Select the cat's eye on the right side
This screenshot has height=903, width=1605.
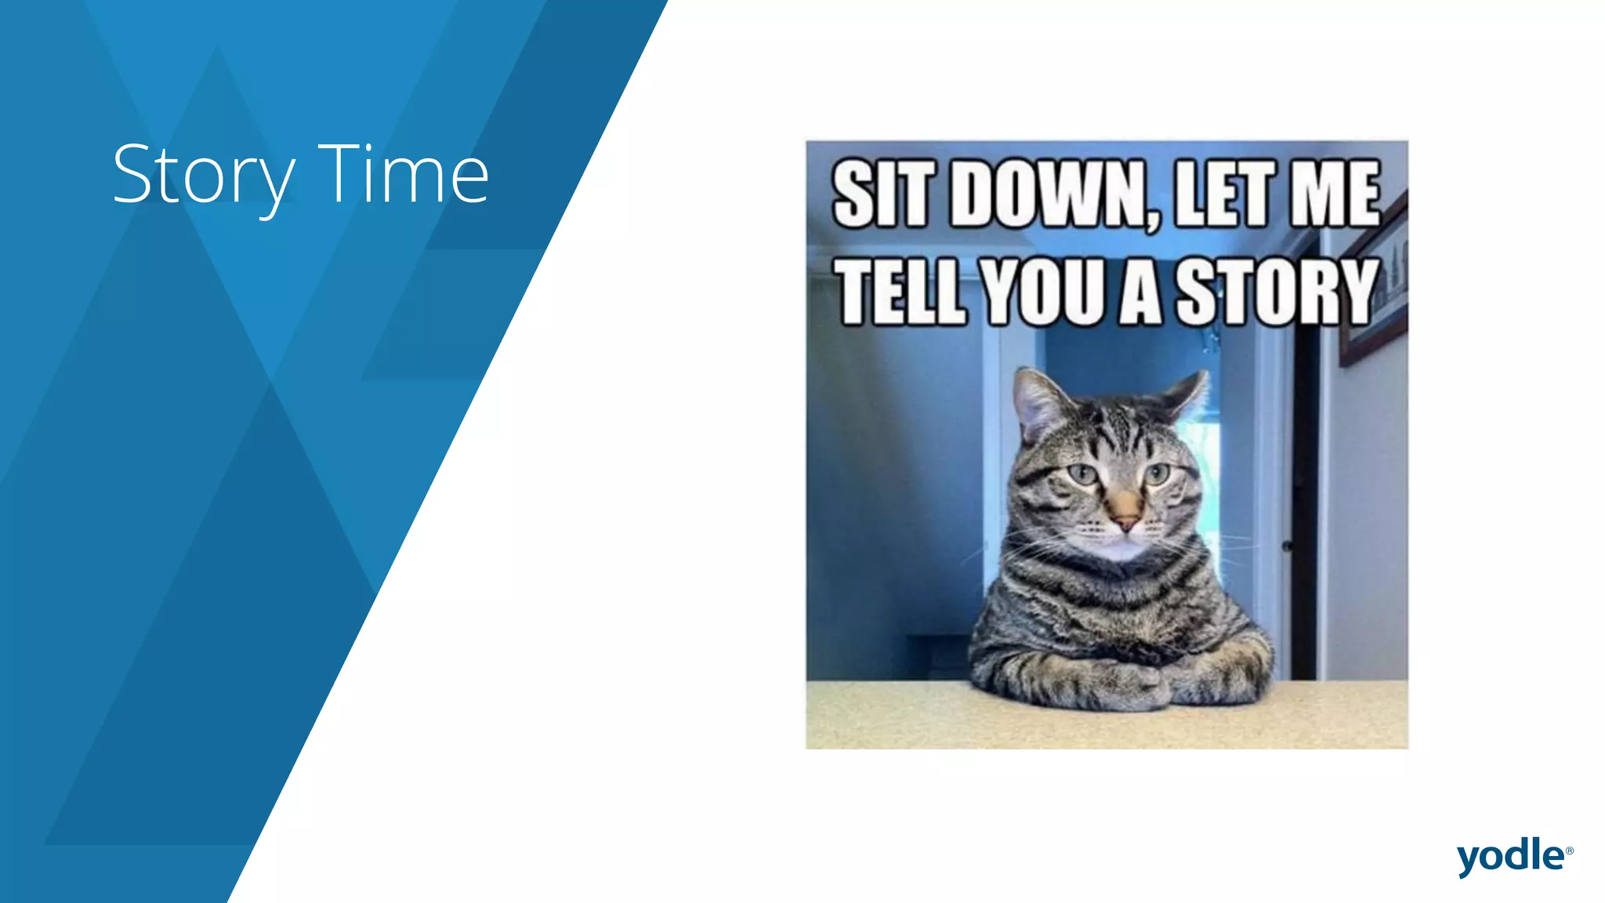[x=1157, y=473]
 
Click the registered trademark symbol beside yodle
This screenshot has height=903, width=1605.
[x=1569, y=850]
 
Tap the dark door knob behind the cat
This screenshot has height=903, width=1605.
[x=1287, y=546]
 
